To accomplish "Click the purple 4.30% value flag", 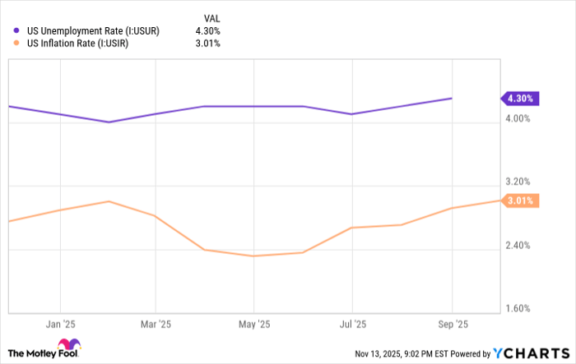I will (521, 99).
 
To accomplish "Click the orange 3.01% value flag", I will (521, 200).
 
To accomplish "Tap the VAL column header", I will (211, 16).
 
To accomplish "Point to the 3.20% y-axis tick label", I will (518, 182).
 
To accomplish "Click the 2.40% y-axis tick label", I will (518, 245).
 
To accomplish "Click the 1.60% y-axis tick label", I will (518, 309).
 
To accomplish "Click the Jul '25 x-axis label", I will (352, 323).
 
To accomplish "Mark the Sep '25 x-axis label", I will (452, 323).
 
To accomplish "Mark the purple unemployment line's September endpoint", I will (452, 99).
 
